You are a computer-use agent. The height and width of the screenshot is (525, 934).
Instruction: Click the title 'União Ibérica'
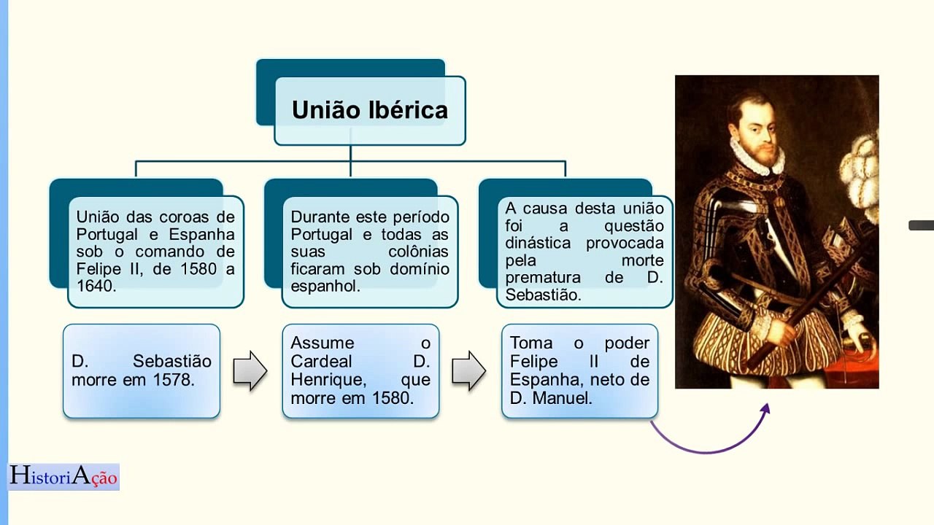369,110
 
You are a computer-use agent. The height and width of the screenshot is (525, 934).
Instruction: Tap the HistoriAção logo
63,477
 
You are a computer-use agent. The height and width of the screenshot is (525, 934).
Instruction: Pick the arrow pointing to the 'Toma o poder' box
468,370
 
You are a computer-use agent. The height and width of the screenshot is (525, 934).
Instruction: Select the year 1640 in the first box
96,287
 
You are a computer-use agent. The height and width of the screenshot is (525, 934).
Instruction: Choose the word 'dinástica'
539,243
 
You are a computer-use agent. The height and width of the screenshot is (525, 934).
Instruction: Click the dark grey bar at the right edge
921,225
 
